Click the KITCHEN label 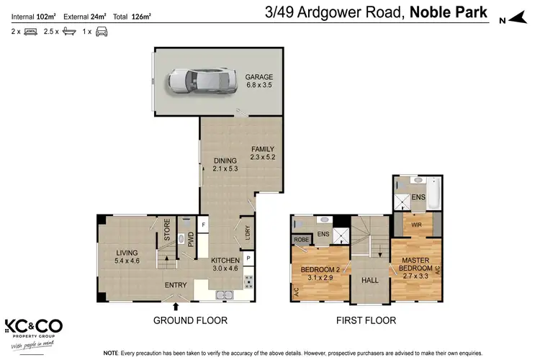(x=224, y=264)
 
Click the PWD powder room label (x=190, y=240)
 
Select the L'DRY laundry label (x=246, y=231)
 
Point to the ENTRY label (x=176, y=285)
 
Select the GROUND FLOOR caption (x=191, y=320)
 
